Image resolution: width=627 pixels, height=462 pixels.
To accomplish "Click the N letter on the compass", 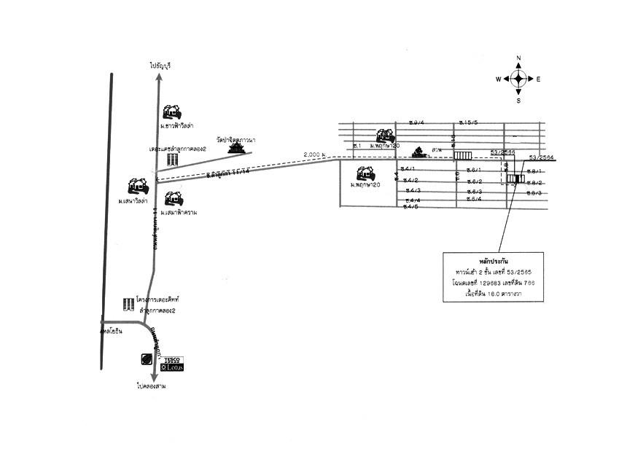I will point(518,58).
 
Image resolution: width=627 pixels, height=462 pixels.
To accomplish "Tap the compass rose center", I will point(518,79).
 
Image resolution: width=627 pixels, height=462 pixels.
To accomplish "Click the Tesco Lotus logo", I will point(173,363).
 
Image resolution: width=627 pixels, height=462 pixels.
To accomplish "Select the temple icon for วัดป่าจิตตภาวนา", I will point(236,147).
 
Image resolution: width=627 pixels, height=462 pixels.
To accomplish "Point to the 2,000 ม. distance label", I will point(314,154).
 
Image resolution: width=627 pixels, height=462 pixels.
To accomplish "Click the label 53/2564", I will point(541,157).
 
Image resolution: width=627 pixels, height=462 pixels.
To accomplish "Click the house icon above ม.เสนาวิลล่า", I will point(137,184).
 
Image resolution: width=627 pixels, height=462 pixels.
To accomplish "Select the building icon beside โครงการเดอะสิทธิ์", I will point(128,303).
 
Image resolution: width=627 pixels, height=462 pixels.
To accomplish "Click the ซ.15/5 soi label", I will point(467,122).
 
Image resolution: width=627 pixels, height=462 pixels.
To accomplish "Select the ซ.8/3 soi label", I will point(534,192).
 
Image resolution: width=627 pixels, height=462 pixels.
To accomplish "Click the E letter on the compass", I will point(538,79).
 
